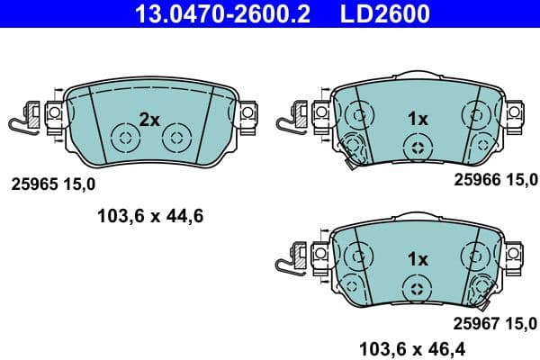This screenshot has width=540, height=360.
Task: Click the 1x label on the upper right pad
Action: pyautogui.click(x=417, y=119)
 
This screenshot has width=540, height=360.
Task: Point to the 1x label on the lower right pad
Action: pyautogui.click(x=417, y=258)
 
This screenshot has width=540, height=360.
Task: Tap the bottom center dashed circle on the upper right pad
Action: pyautogui.click(x=416, y=148)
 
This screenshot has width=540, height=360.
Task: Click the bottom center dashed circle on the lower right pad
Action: pyautogui.click(x=416, y=287)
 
